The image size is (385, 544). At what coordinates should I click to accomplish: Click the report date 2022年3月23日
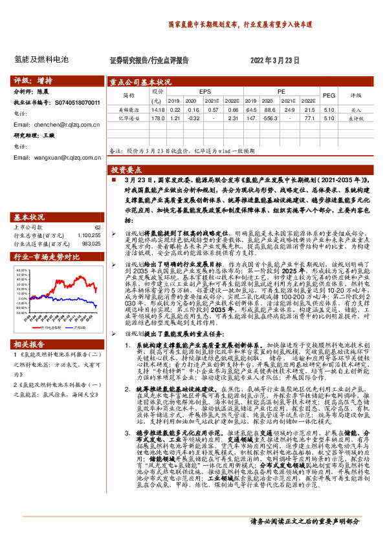(x=274, y=59)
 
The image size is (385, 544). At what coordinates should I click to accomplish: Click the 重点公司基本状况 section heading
(x=140, y=82)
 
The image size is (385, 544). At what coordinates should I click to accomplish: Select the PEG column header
(x=329, y=96)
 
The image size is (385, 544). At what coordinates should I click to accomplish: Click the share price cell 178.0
(x=157, y=118)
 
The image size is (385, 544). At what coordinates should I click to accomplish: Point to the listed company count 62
(x=97, y=227)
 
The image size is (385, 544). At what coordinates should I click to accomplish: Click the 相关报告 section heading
(x=29, y=343)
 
